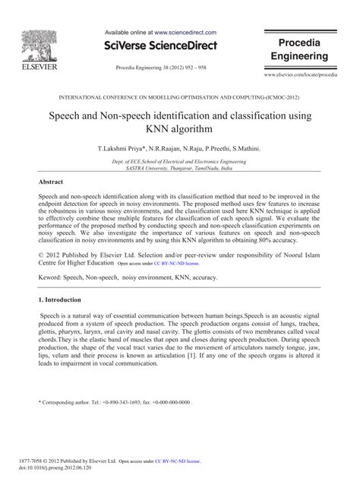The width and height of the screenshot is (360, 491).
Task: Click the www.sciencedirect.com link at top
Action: click(185, 33)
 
